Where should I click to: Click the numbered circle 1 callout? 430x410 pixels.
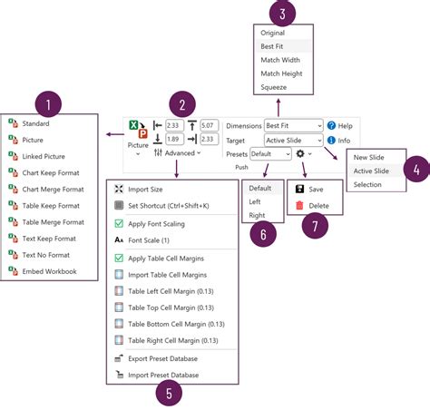pyautogui.click(x=48, y=104)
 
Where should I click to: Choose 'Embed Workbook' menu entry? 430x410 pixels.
pyautogui.click(x=49, y=270)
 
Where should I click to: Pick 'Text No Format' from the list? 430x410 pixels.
pyautogui.click(x=47, y=254)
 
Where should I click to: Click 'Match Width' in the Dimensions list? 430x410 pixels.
pyautogui.click(x=281, y=60)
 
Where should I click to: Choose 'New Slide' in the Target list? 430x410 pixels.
pyautogui.click(x=369, y=157)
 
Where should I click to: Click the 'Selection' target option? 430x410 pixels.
pyautogui.click(x=368, y=184)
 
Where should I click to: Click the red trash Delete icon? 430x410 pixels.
pyautogui.click(x=299, y=206)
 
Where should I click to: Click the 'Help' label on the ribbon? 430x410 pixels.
pyautogui.click(x=345, y=125)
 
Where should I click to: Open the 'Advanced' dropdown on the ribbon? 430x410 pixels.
pyautogui.click(x=181, y=153)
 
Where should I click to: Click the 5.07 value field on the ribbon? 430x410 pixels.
pyautogui.click(x=208, y=124)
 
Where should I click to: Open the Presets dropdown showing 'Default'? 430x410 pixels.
pyautogui.click(x=270, y=154)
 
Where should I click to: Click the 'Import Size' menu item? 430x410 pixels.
pyautogui.click(x=145, y=189)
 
